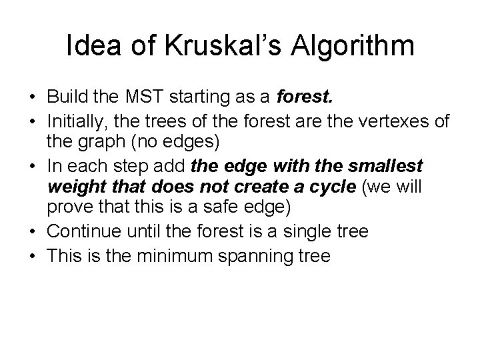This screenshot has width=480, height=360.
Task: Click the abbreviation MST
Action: (155, 99)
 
